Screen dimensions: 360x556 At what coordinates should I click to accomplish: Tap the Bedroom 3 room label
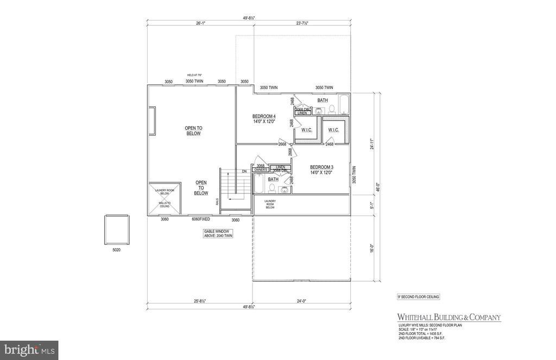(321, 169)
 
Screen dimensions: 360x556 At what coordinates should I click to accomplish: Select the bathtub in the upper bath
(344, 104)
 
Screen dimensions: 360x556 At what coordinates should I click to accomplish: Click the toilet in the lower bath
(273, 188)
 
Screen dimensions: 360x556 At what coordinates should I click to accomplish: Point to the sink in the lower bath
(284, 190)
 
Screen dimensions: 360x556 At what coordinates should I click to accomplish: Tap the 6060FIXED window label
(200, 220)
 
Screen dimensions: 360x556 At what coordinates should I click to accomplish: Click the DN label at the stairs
(244, 172)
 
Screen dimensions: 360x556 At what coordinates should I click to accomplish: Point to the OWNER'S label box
(261, 170)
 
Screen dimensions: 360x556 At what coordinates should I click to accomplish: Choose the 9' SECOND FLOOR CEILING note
(418, 296)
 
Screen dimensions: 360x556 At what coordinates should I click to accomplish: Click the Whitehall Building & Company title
(449, 317)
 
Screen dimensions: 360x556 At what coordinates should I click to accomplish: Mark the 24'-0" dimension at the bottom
(302, 301)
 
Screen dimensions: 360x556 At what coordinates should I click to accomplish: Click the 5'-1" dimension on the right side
(372, 205)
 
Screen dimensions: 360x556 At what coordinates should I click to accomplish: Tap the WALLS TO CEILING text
(163, 204)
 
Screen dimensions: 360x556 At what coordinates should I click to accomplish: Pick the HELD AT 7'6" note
(194, 75)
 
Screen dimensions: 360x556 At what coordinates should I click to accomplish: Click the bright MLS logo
(29, 350)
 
